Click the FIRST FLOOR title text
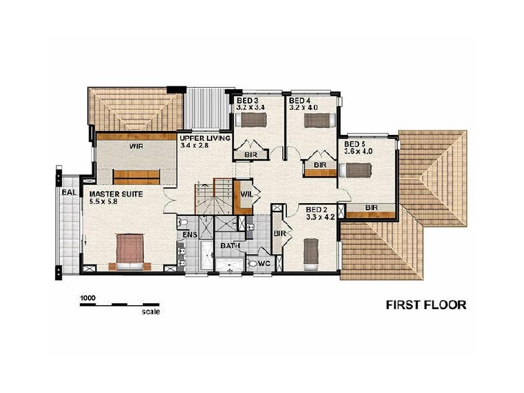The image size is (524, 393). point(426,305)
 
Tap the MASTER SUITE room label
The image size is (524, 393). point(113,195)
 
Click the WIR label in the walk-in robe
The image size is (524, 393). point(136,147)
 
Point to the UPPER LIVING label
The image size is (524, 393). point(205,139)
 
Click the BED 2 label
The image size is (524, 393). point(317,210)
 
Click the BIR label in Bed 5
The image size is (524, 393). point(371,208)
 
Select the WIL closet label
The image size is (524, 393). point(246,195)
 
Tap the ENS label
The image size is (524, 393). point(189,234)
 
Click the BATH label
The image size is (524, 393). point(229,246)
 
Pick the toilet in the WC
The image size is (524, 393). point(253,263)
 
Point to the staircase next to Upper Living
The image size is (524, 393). point(212,196)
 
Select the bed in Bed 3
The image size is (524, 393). point(251,120)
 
